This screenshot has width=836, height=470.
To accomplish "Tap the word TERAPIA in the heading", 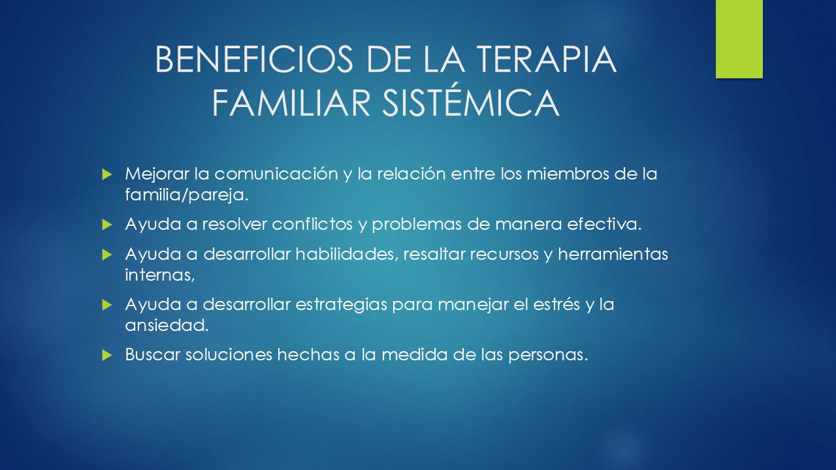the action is pyautogui.click(x=547, y=59).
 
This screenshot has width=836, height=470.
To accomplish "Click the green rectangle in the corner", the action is pyautogui.click(x=739, y=39).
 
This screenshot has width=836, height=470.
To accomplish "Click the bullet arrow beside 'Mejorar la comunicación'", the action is pyautogui.click(x=106, y=174).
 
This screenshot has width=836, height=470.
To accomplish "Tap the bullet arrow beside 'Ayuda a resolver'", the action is pyautogui.click(x=106, y=225).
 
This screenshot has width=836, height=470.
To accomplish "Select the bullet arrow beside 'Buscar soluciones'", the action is pyautogui.click(x=106, y=355).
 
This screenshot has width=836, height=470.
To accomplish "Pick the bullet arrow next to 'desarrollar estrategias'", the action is pyautogui.click(x=106, y=305).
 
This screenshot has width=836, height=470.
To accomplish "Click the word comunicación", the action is pyautogui.click(x=276, y=174).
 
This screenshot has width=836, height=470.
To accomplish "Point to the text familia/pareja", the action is pyautogui.click(x=187, y=195).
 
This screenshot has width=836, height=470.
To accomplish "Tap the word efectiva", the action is pyautogui.click(x=604, y=224).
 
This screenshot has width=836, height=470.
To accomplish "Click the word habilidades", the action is pyautogui.click(x=347, y=255).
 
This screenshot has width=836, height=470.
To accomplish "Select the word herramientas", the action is pyautogui.click(x=613, y=255).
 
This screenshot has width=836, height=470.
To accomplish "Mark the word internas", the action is pyautogui.click(x=160, y=275).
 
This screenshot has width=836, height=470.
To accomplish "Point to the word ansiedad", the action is pyautogui.click(x=167, y=326).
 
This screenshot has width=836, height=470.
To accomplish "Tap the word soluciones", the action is pyautogui.click(x=229, y=354).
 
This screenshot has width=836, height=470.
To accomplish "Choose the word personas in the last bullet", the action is pyautogui.click(x=548, y=355).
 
